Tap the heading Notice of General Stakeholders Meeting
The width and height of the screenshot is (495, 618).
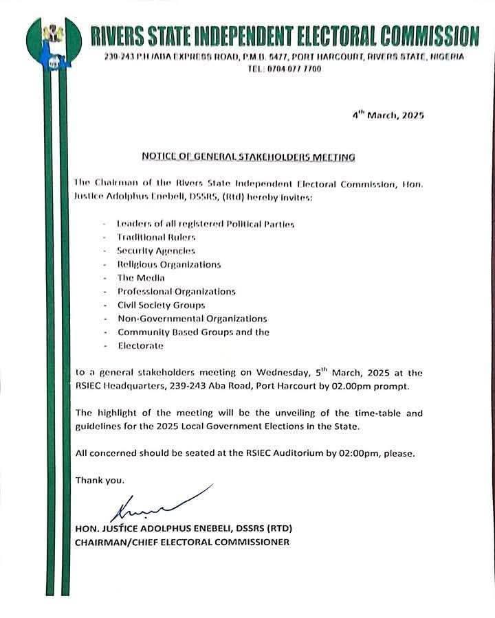click(248, 157)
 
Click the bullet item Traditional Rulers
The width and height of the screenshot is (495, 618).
click(151, 238)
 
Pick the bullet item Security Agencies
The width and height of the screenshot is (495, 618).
click(155, 251)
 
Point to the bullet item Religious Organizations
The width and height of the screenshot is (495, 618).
click(168, 264)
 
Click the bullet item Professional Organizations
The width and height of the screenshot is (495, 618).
click(176, 291)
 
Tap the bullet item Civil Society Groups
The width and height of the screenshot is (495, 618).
click(161, 305)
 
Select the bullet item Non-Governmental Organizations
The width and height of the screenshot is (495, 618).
click(192, 319)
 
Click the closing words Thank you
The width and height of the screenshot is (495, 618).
click(100, 480)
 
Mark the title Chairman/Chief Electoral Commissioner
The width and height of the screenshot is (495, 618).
click(182, 542)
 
